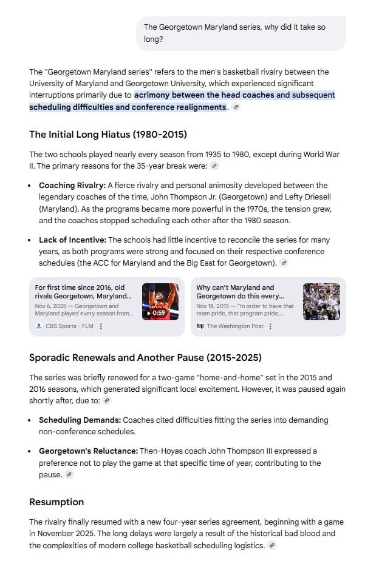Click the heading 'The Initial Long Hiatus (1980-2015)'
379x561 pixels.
coord(108,134)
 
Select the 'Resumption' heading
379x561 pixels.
coord(56,502)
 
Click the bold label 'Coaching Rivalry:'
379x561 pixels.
coord(72,185)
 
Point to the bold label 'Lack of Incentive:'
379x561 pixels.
coord(72,240)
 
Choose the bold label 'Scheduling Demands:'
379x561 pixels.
coord(80,420)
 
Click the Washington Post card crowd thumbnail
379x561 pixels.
coord(321,301)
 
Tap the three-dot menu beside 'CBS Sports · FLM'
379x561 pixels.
coord(101,326)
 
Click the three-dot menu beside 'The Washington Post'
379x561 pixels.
coord(270,326)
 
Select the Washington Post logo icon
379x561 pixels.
coord(200,326)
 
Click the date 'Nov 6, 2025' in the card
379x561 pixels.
coord(50,306)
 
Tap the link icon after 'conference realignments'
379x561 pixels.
coord(236,107)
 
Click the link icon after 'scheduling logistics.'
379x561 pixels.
coord(272,546)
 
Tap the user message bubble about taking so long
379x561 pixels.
coord(241,33)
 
